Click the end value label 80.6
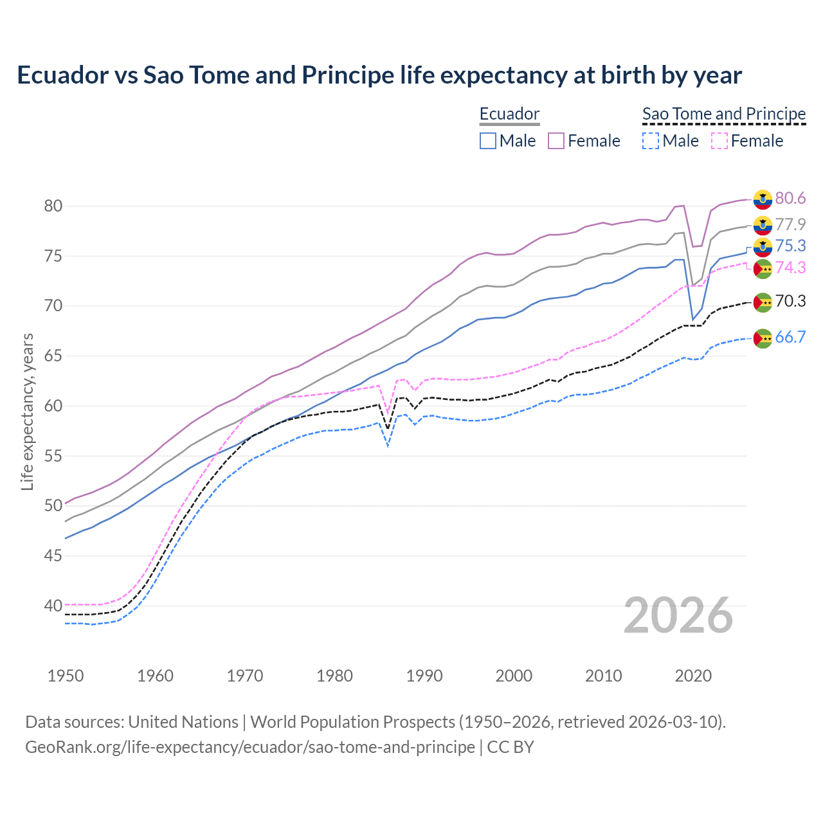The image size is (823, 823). (790, 199)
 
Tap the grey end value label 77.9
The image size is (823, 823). (790, 224)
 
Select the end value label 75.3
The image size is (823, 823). (790, 246)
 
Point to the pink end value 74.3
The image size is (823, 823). (790, 268)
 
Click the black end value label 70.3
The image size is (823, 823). (790, 302)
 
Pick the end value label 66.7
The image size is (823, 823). (790, 338)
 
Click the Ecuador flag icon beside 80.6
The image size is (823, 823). (763, 199)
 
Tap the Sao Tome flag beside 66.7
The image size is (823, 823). (763, 338)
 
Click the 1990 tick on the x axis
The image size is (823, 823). (424, 676)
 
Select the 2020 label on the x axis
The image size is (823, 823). (693, 676)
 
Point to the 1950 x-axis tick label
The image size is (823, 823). (66, 676)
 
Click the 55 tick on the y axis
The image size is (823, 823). (53, 456)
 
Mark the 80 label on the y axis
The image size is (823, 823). (53, 206)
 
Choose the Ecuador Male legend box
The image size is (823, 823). (488, 141)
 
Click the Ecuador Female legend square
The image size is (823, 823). (556, 141)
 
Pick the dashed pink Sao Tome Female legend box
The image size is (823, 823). (719, 141)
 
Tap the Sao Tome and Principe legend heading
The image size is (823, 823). (724, 114)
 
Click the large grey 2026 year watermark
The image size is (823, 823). (678, 615)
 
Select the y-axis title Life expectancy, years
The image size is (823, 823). (27, 411)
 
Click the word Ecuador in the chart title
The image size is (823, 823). (63, 75)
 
